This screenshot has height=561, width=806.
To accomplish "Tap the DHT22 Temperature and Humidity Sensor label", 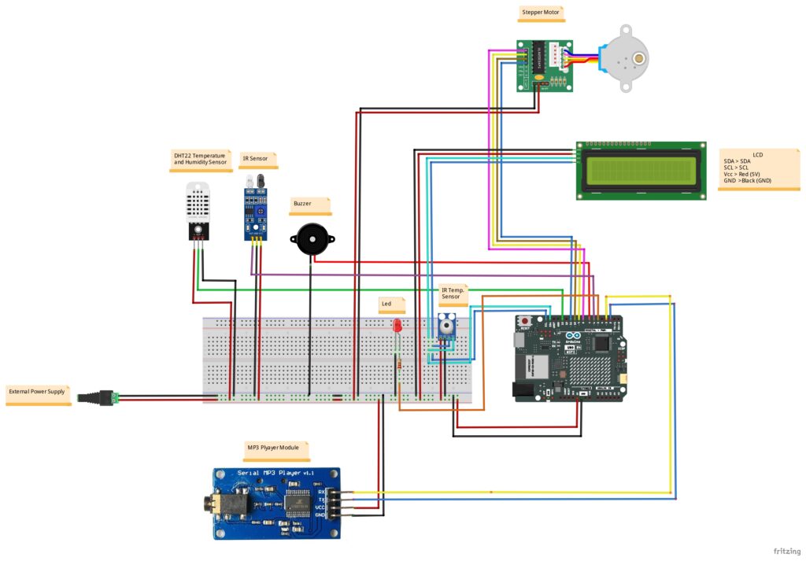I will pyautogui.click(x=200, y=160).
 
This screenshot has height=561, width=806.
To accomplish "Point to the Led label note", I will pyautogui.click(x=388, y=304).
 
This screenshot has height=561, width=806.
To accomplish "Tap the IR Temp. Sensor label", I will pyautogui.click(x=452, y=293).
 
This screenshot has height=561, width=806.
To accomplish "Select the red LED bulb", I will pyautogui.click(x=397, y=324).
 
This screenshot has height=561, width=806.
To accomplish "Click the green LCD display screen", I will pyautogui.click(x=638, y=171).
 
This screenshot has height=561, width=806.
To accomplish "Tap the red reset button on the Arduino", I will pyautogui.click(x=525, y=320).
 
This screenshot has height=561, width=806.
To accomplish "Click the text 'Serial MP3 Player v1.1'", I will pyautogui.click(x=275, y=472).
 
